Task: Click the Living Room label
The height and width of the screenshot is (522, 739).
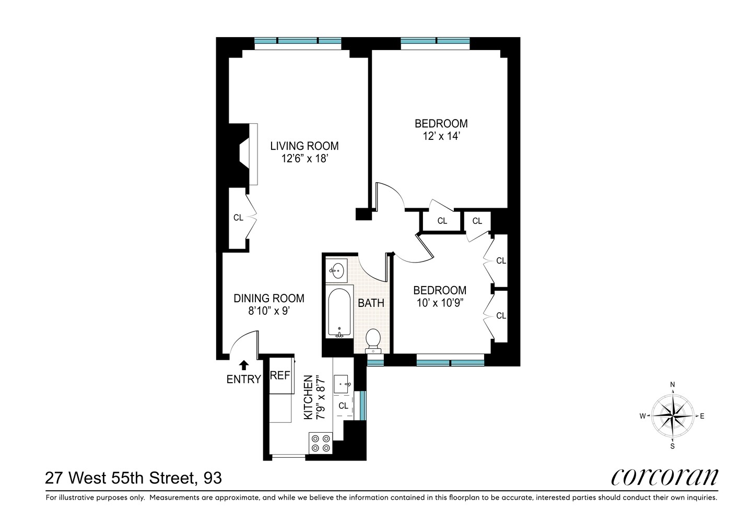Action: point(304,146)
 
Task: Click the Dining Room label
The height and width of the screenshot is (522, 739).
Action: point(268,298)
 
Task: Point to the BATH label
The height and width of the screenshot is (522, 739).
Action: point(371,303)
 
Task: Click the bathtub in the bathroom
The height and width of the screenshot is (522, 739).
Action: point(340,312)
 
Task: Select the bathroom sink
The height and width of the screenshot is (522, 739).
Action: point(338,270)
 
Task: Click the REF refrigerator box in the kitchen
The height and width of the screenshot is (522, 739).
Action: point(280,376)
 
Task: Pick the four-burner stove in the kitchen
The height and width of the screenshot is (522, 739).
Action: point(320,443)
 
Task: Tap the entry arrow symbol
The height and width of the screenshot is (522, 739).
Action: point(244,365)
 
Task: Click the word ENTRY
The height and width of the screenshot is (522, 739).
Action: point(243,379)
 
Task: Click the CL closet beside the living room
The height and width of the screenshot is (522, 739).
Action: point(238,218)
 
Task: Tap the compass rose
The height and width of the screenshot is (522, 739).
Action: point(673,416)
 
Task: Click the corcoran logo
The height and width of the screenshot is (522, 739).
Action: point(664,476)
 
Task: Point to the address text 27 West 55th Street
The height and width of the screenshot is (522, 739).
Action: point(133,478)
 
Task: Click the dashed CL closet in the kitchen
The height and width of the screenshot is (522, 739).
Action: point(344,406)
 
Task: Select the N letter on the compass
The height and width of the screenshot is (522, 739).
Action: point(673,386)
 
